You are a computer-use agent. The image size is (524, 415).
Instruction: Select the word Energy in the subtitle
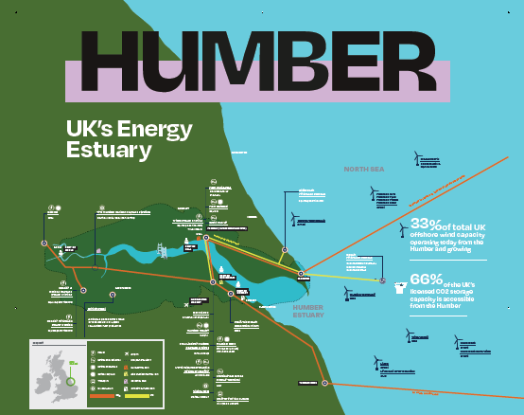pyautogui.click(x=156, y=130)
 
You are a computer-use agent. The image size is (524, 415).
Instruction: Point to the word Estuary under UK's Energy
pyautogui.click(x=109, y=150)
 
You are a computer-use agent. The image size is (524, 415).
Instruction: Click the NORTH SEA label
pyautogui.click(x=363, y=169)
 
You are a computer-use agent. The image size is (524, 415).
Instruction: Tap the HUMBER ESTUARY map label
pyautogui.click(x=309, y=311)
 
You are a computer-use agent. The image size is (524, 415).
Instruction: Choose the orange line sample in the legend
pyautogui.click(x=103, y=395)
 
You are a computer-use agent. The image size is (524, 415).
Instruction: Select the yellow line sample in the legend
pyautogui.click(x=139, y=395)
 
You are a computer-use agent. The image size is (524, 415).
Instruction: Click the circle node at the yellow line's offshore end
pyautogui.click(x=382, y=281)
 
